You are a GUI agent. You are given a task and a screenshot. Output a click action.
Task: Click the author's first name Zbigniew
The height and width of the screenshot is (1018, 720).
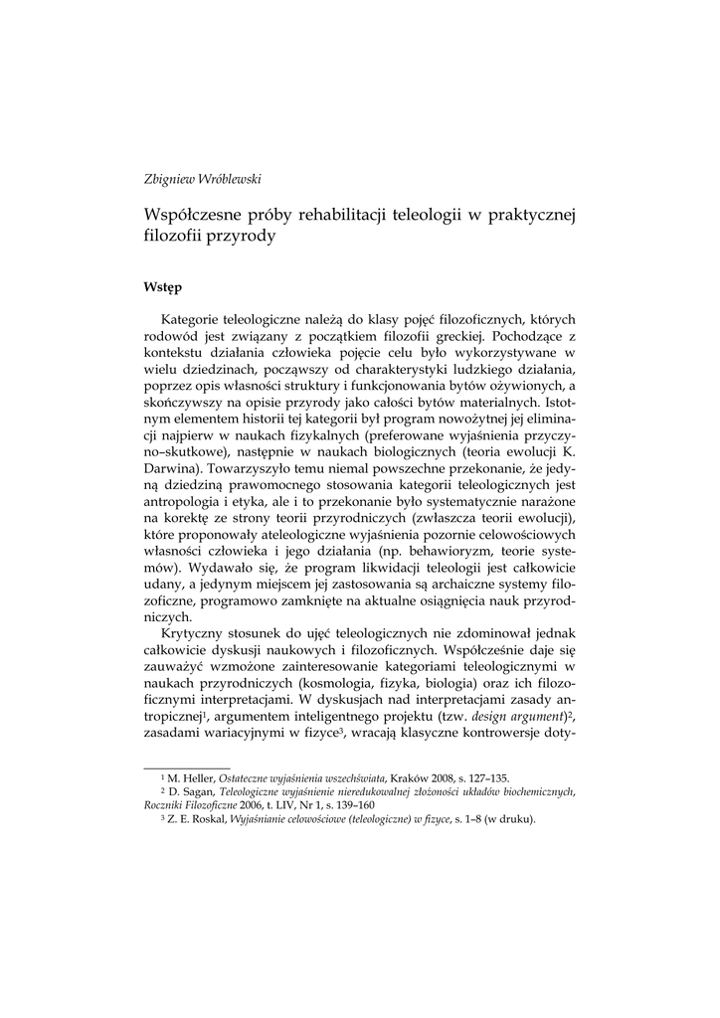(x=170, y=179)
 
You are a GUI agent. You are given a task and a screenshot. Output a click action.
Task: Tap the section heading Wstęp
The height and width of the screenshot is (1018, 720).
(x=162, y=287)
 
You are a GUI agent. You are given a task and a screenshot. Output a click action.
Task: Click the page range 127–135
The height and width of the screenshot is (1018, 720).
(x=487, y=778)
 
